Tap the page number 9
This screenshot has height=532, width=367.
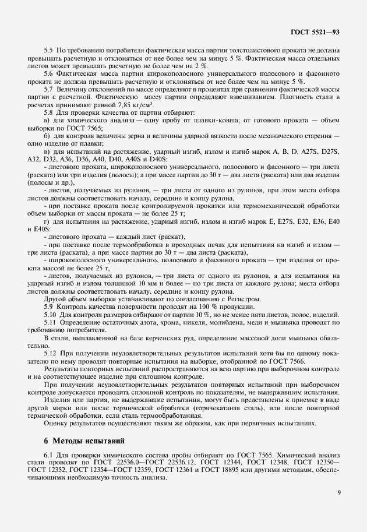click(338, 509)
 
